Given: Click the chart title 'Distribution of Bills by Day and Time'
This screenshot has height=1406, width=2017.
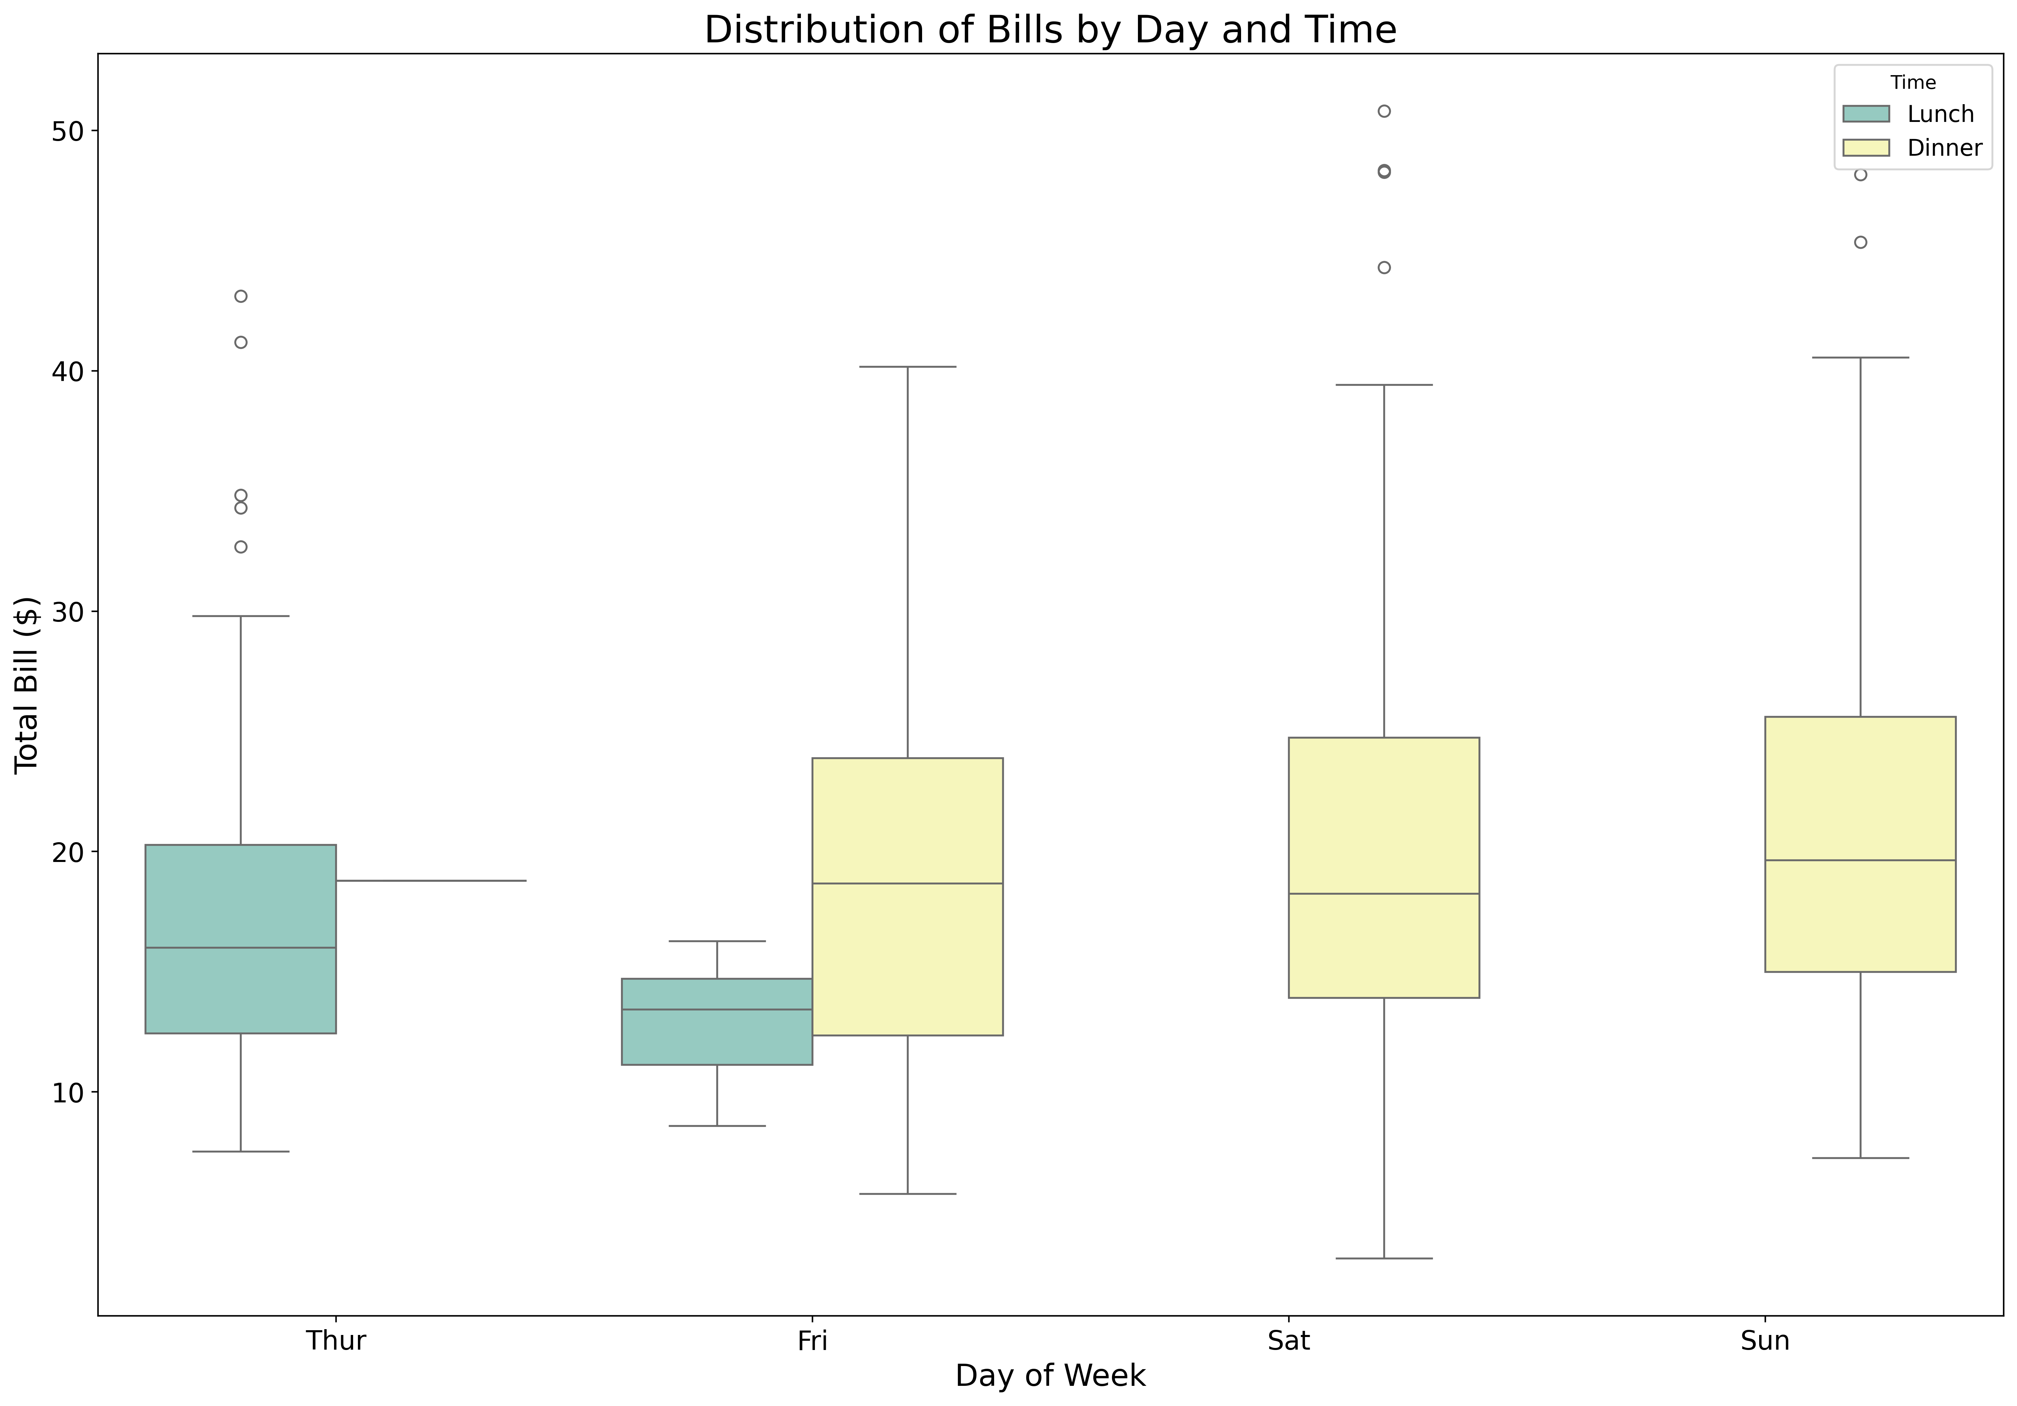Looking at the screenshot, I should coord(1050,30).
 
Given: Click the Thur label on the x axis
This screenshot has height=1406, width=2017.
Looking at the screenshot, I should coord(336,1341).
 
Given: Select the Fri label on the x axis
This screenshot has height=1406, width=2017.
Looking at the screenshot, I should coord(812,1341).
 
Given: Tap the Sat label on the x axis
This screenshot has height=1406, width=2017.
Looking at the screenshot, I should coord(1289,1341).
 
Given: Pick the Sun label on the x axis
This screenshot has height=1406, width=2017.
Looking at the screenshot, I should coord(1765,1341).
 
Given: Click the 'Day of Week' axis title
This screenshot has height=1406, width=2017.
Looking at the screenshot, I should coord(1050,1375).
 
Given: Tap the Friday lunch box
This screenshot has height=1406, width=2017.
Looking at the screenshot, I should coord(717,1021).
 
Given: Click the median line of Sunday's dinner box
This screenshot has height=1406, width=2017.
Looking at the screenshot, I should coord(1861,861).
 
